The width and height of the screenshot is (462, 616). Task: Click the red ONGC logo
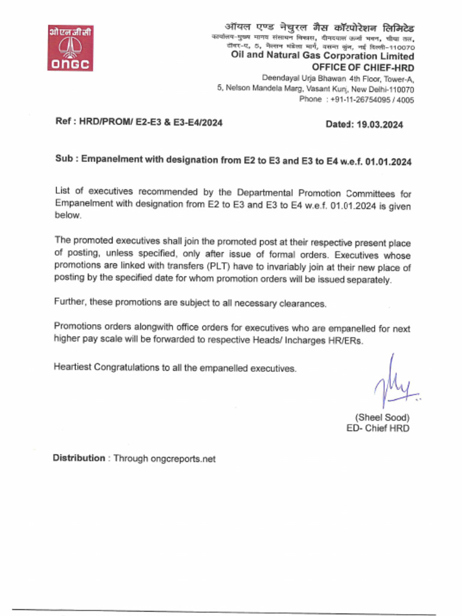pos(70,48)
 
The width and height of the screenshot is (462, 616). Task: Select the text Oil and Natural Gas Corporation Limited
pos(322,56)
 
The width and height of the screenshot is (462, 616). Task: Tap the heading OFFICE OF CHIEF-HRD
pos(363,67)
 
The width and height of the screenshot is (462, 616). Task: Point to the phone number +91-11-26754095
pos(359,100)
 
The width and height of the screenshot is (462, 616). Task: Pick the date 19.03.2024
pos(380,125)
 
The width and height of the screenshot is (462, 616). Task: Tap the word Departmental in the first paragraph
pos(264,192)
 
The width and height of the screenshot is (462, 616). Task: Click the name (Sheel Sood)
pos(382,417)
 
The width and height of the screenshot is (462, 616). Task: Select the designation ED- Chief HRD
pos(378,428)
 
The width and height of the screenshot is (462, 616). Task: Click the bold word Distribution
pos(79,458)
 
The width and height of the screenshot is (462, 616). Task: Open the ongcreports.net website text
pos(182,458)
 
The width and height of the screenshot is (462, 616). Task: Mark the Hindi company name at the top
pos(319,28)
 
